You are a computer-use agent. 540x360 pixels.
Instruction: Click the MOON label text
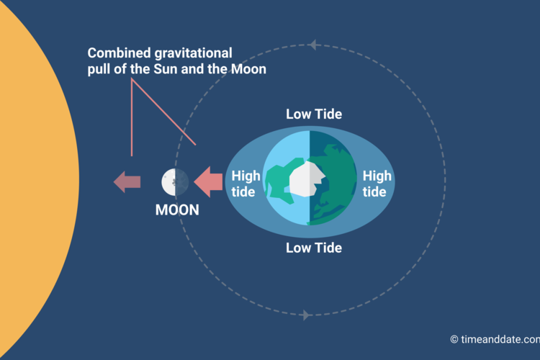pyautogui.click(x=177, y=210)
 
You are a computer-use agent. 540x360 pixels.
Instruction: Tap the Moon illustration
pyautogui.click(x=175, y=182)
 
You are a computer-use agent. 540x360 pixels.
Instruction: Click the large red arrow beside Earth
pyautogui.click(x=208, y=181)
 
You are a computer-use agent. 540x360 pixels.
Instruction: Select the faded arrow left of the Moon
pyautogui.click(x=127, y=181)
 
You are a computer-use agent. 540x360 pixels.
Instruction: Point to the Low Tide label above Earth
pyautogui.click(x=314, y=114)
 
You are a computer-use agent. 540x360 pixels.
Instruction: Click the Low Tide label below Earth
pyautogui.click(x=314, y=248)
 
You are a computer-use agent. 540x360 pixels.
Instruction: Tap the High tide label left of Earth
pyautogui.click(x=246, y=184)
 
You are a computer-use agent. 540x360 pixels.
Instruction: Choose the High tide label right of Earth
pyautogui.click(x=377, y=184)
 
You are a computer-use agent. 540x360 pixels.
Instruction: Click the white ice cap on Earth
pyautogui.click(x=307, y=179)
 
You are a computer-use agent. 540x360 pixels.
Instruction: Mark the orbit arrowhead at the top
pyautogui.click(x=312, y=45)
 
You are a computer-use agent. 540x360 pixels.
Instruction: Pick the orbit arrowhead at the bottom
pyautogui.click(x=305, y=315)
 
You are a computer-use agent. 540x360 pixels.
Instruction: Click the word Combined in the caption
pyautogui.click(x=119, y=53)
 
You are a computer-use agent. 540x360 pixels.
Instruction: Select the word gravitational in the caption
pyautogui.click(x=193, y=54)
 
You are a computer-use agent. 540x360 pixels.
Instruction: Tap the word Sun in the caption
pyautogui.click(x=166, y=69)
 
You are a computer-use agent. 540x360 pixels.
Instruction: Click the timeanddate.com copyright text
pyautogui.click(x=495, y=339)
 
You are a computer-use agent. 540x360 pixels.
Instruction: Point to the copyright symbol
pyautogui.click(x=454, y=339)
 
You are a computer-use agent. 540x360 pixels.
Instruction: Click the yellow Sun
pyautogui.click(x=35, y=179)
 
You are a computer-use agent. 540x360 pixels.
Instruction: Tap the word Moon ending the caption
pyautogui.click(x=248, y=69)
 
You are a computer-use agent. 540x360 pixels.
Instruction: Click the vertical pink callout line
pyautogui.click(x=132, y=117)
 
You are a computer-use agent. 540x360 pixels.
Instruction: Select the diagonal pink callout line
pyautogui.click(x=163, y=112)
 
